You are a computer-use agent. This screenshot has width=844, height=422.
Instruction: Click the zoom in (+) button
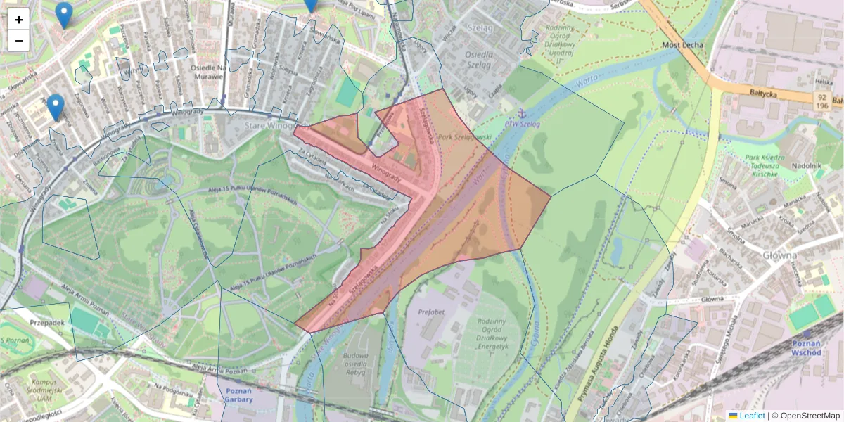point(19,20)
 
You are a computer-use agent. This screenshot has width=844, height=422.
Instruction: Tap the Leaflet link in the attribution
point(752,416)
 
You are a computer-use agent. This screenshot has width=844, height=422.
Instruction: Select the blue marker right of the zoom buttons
point(64,15)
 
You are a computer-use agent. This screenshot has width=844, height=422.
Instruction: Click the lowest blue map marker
point(56,107)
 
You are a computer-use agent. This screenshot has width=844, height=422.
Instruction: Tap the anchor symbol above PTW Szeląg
point(521,113)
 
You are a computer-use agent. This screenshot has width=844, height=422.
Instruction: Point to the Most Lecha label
point(683,46)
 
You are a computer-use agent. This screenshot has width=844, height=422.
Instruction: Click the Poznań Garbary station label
point(239,395)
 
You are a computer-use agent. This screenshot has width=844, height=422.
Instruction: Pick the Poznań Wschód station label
point(807,348)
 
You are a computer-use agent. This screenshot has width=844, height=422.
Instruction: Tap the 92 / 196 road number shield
point(821,101)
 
